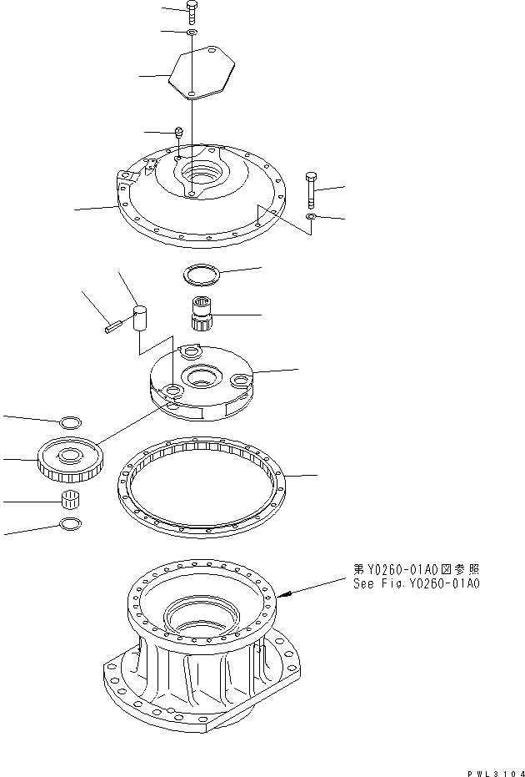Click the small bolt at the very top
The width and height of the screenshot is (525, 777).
[x=192, y=11]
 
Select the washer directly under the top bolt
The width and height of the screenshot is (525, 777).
[x=192, y=33]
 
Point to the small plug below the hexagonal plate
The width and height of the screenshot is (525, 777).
[x=178, y=132]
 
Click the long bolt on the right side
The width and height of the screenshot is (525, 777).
[x=311, y=191]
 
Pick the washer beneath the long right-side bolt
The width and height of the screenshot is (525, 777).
[x=310, y=218]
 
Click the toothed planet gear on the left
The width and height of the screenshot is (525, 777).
[x=69, y=460]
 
